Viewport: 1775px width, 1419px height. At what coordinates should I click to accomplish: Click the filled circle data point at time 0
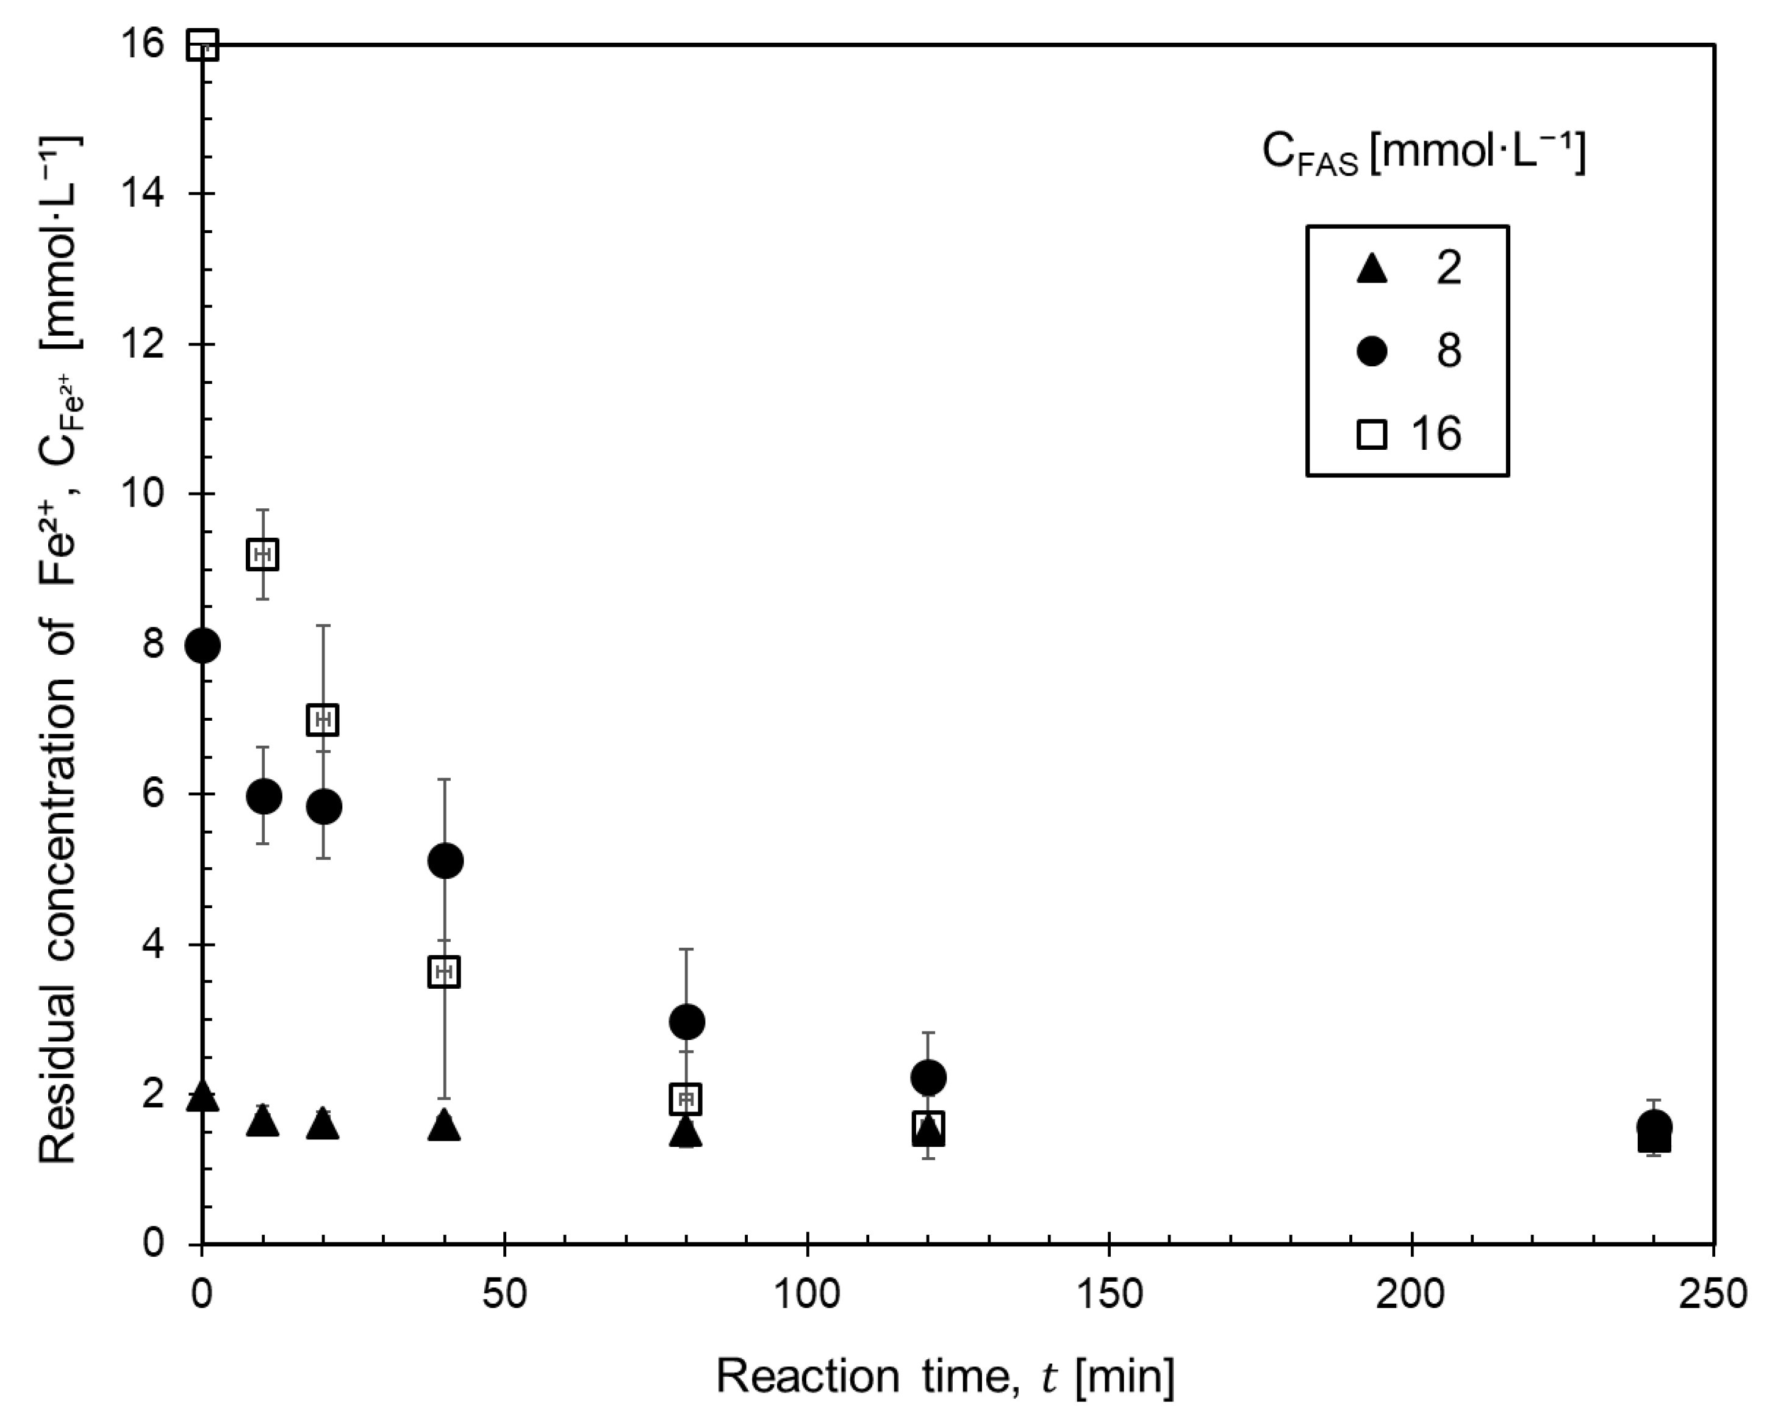point(203,645)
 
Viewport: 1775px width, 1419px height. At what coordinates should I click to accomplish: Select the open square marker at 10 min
point(263,554)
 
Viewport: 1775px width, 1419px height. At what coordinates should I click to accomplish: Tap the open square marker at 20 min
point(323,720)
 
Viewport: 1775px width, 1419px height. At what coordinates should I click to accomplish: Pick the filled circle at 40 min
point(445,861)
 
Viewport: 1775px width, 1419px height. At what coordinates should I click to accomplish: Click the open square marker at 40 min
point(444,972)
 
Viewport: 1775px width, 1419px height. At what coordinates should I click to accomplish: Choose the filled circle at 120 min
point(928,1077)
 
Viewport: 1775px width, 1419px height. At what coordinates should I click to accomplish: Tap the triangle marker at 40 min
point(445,1125)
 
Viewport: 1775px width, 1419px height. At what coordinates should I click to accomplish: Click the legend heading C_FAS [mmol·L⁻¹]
point(1424,153)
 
